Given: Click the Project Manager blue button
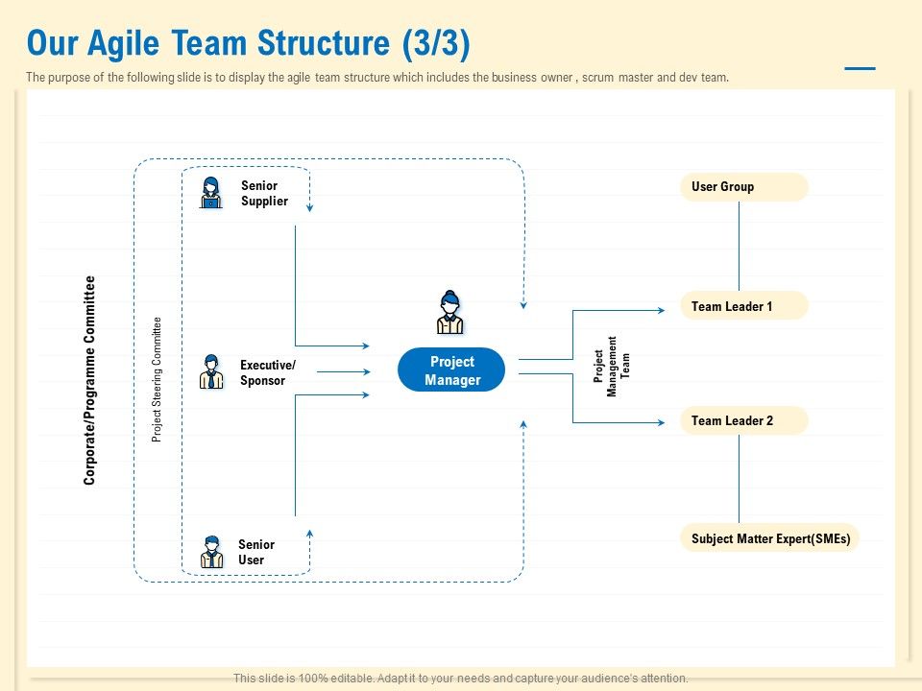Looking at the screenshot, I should click(x=451, y=369).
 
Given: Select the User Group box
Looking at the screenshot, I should click(x=743, y=187).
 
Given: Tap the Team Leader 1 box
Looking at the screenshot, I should click(x=743, y=306).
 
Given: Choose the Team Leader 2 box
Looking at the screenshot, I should click(x=743, y=420).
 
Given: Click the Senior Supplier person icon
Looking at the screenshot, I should click(x=211, y=193).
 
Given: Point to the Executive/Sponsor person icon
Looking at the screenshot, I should click(x=211, y=371).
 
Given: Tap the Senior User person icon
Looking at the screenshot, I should click(x=211, y=552).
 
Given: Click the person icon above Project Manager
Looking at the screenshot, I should click(x=449, y=312).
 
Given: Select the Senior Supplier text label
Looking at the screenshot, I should click(x=264, y=194).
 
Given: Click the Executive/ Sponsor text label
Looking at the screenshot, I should click(x=267, y=372).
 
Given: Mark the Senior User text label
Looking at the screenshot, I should click(x=255, y=552).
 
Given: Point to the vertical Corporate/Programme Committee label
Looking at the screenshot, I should click(x=90, y=380).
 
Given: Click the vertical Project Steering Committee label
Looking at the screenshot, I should click(x=158, y=379).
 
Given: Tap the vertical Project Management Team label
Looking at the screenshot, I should click(x=612, y=366).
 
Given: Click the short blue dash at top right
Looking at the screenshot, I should click(x=860, y=69).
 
